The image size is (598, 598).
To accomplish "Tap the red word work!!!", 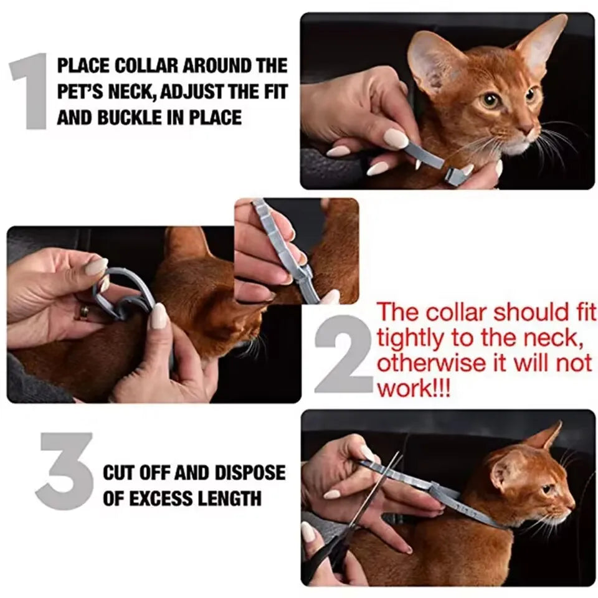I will pos(414,390).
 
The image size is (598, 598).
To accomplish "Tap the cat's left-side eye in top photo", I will pos(491,100).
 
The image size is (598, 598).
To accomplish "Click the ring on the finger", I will pos(83,311).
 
